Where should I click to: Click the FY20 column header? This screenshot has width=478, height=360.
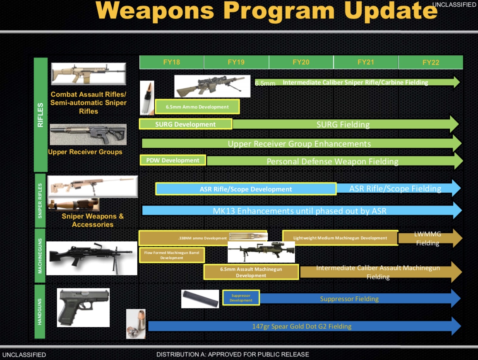(x=301, y=62)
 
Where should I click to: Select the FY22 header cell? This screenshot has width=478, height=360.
(x=430, y=62)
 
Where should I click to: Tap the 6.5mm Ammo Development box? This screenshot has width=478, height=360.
(x=197, y=107)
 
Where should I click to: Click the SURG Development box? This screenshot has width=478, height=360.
(x=185, y=124)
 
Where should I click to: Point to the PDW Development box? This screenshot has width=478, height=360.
(x=173, y=160)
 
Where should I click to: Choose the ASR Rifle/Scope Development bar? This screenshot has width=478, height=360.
(x=246, y=189)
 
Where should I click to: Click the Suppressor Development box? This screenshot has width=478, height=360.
(x=241, y=298)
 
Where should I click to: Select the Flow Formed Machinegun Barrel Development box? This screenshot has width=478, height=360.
(x=172, y=255)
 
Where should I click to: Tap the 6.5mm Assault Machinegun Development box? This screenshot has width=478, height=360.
(x=251, y=272)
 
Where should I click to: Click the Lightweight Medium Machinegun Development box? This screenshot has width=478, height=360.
(x=340, y=238)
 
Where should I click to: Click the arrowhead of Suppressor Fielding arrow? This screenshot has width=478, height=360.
(x=456, y=299)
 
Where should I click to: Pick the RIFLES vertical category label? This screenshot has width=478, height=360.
(x=41, y=115)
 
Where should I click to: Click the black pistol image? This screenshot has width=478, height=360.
(x=83, y=307)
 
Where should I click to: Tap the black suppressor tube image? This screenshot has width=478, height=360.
(x=200, y=299)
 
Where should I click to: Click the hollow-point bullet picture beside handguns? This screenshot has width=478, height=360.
(x=136, y=324)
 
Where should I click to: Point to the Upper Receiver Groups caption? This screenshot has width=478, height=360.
(x=85, y=152)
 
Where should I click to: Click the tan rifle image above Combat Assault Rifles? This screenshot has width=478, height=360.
(x=89, y=73)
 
